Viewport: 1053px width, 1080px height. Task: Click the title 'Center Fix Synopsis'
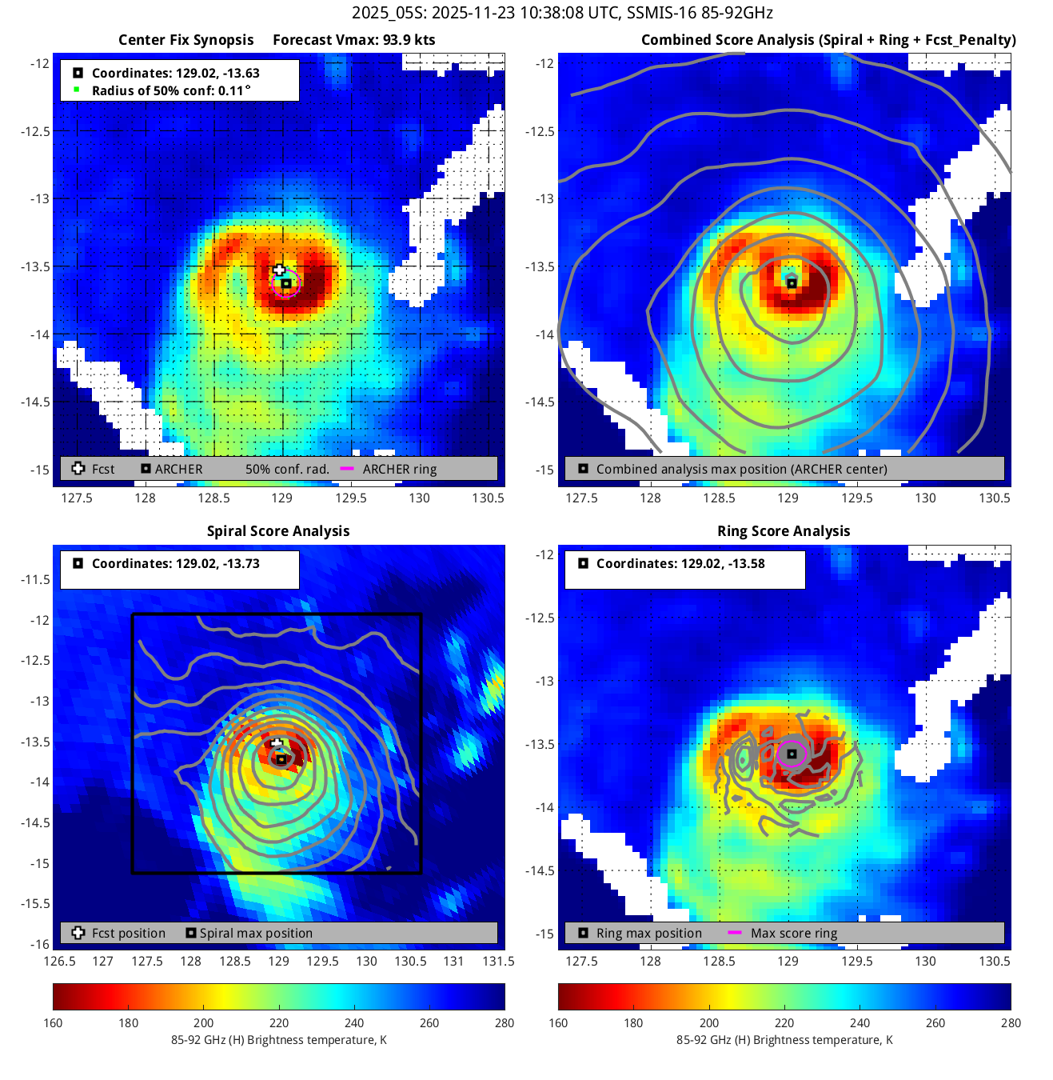(x=185, y=40)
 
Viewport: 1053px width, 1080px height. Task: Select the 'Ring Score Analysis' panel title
(x=784, y=531)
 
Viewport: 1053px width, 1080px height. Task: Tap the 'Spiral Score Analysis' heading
(x=278, y=531)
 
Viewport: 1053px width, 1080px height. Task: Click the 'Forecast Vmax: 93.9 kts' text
(x=353, y=40)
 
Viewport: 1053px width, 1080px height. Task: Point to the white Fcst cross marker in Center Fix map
(x=279, y=270)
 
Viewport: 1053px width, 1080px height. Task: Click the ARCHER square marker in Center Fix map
(x=285, y=284)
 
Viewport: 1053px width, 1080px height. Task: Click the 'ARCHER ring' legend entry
(x=399, y=470)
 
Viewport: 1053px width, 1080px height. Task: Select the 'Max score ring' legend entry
(x=793, y=934)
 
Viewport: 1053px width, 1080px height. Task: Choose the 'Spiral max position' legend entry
(x=256, y=934)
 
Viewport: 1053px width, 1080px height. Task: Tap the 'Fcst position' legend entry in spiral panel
(x=128, y=934)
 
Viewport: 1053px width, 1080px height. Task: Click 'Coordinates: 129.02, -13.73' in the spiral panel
(x=175, y=564)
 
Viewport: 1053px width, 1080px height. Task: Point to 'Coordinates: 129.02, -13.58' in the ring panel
(x=680, y=564)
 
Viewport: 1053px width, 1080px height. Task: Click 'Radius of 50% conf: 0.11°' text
(x=170, y=91)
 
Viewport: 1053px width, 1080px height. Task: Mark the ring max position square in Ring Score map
(x=792, y=754)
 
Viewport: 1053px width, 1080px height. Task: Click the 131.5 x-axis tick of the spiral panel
(x=498, y=961)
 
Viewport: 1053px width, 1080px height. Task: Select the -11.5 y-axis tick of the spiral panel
(x=35, y=579)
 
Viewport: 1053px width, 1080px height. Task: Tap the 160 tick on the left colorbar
(x=53, y=1022)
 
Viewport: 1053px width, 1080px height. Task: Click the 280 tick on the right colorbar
(x=1011, y=1022)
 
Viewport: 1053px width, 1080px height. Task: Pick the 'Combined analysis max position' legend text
(x=741, y=470)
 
